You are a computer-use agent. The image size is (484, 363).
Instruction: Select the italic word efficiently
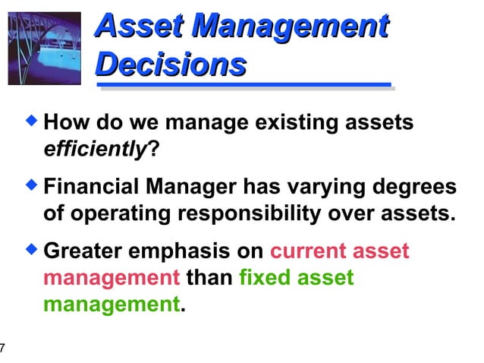coord(94,147)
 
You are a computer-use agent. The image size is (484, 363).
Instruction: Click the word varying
coord(319,187)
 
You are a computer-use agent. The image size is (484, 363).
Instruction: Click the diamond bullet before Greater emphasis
coord(32,248)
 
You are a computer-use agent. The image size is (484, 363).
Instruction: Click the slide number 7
coord(3,349)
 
